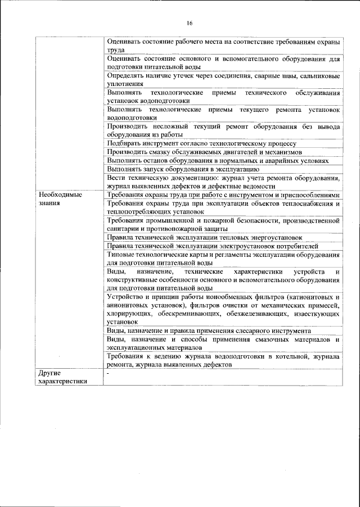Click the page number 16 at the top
[190, 23]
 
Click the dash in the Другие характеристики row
[108, 373]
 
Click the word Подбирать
[125, 144]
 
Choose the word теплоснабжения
[304, 203]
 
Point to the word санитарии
[125, 229]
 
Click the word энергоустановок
[273, 237]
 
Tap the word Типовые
[121, 254]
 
